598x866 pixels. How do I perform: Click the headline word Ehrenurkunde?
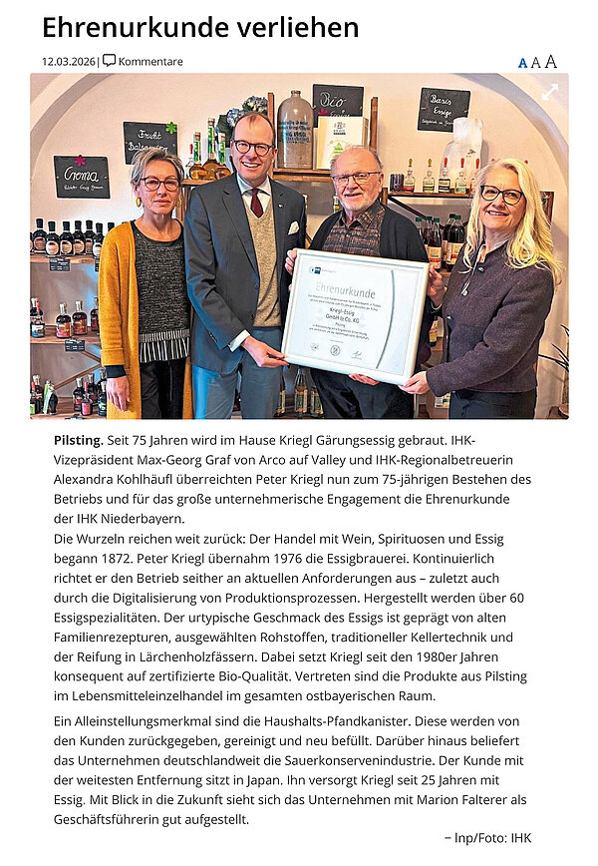coord(130,27)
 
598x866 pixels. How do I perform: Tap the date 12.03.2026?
coord(69,62)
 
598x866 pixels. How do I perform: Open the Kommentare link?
coord(150,62)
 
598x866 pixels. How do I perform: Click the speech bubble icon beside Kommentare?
coord(110,61)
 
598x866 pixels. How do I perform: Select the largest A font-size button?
coord(551,62)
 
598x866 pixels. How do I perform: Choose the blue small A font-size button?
coord(522,63)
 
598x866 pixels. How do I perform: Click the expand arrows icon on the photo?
coord(549,92)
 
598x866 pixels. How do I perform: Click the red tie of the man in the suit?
coord(256,203)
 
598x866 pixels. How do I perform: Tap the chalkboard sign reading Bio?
coord(337,102)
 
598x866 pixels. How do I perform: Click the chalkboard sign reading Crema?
coord(81,176)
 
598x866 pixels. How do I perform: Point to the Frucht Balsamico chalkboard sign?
coord(149,142)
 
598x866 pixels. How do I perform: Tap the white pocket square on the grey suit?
coord(291,228)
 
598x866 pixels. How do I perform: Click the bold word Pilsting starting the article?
coord(78,440)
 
